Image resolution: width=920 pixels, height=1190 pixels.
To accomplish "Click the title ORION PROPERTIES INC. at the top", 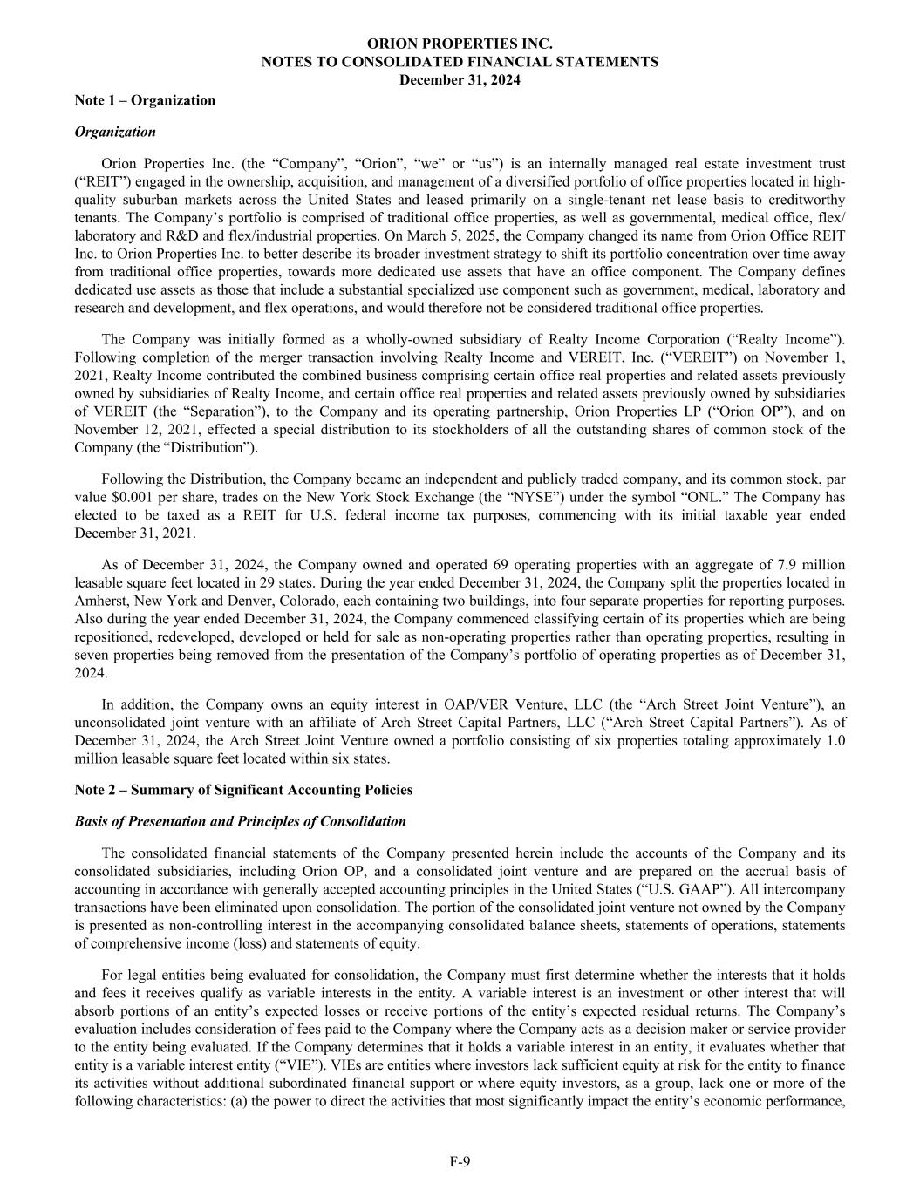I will pyautogui.click(x=460, y=43).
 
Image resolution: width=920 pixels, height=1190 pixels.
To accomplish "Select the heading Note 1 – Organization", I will pyautogui.click(x=145, y=99).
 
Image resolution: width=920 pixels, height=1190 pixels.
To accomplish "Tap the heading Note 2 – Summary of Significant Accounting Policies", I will pyautogui.click(x=243, y=790).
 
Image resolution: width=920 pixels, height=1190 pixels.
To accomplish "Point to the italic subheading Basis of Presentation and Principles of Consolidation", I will pyautogui.click(x=240, y=821).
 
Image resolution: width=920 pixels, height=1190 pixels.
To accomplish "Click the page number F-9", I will pyautogui.click(x=460, y=1160).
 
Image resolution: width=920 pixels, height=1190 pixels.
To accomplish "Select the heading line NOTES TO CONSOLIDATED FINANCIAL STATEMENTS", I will pyautogui.click(x=460, y=62).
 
